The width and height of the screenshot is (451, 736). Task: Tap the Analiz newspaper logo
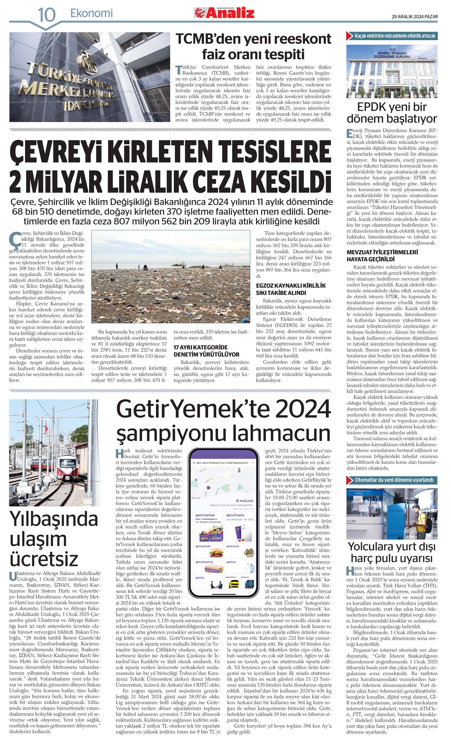pos(224,13)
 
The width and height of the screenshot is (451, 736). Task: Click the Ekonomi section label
pos(92,13)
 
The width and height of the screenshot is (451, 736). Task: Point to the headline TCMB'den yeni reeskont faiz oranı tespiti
pos(253,47)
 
